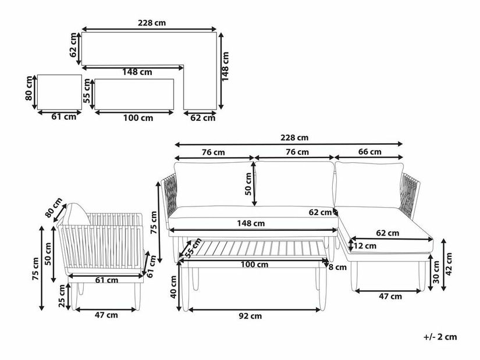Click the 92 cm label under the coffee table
250,316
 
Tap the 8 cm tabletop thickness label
337,268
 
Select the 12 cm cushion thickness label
365,246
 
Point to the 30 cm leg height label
436,272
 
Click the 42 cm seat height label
449,264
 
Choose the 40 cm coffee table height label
173,287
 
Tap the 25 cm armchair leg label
62,295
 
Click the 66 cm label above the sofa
369,152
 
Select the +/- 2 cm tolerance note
440,337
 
